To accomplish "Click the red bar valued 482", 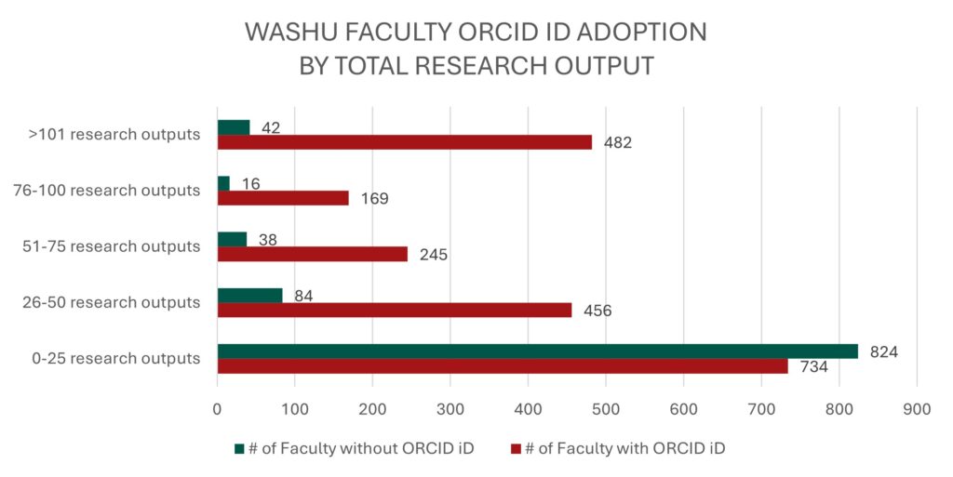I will tap(405, 142).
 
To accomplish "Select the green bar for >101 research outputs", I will tap(234, 127).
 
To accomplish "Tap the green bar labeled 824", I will tap(537, 351).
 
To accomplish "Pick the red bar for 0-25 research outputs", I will tap(503, 366).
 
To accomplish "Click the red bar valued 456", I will tap(395, 310).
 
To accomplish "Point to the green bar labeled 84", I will tap(249, 296).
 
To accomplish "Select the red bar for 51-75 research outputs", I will tap(313, 254).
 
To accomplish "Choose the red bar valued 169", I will tap(283, 198).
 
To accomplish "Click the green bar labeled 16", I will tap(223, 183).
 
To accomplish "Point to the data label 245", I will tap(433, 255).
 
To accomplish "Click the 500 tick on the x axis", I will tap(606, 407).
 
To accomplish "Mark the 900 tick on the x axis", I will tap(917, 407).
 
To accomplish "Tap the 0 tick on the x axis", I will tap(217, 407).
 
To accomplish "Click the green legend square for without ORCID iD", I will tap(240, 449).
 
